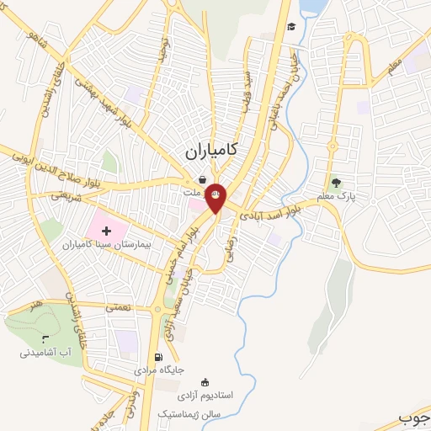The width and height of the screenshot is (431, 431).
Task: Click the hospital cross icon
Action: point(105,230)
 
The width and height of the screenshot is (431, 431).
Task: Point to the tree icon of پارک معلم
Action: point(337,182)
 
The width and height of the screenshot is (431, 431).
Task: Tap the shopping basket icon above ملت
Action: point(203,179)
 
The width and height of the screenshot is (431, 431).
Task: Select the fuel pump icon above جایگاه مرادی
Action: point(159,356)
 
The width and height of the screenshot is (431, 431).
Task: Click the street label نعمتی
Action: point(118,308)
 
